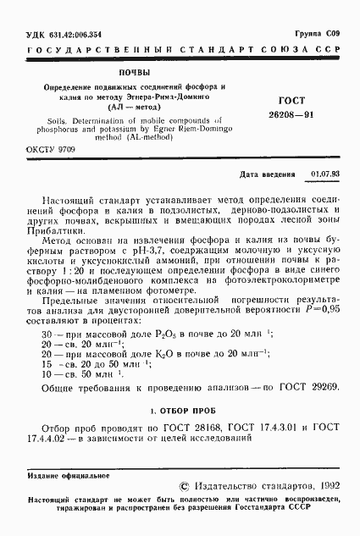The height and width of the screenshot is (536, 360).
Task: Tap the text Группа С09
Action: coord(319,32)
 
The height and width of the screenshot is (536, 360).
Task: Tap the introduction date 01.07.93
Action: coord(325,174)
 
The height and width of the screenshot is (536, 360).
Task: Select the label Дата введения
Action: coord(270,174)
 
